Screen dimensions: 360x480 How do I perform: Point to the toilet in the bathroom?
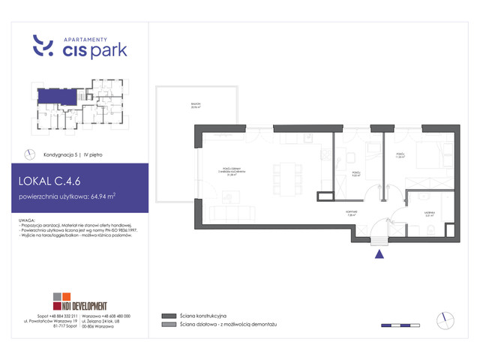(443, 224)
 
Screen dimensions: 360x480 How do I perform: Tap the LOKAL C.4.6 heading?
(54, 181)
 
